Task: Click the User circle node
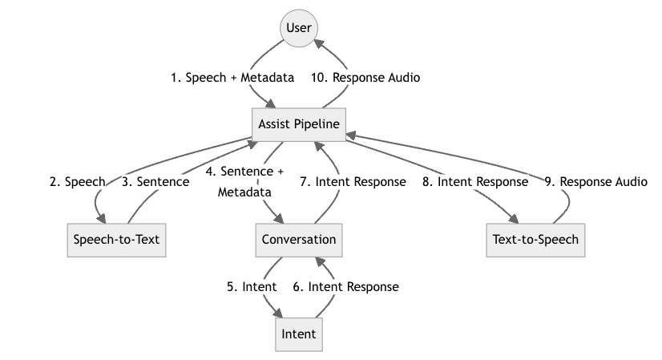click(299, 28)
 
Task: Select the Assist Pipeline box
click(299, 124)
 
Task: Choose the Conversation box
click(299, 240)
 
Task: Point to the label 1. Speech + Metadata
click(232, 78)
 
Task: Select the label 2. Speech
click(77, 182)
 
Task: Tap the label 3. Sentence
click(155, 182)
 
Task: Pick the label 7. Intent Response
click(353, 182)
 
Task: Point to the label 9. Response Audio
click(595, 182)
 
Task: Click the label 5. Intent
click(252, 286)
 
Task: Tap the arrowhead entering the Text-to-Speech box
click(515, 219)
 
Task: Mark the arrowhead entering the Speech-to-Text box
click(99, 219)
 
